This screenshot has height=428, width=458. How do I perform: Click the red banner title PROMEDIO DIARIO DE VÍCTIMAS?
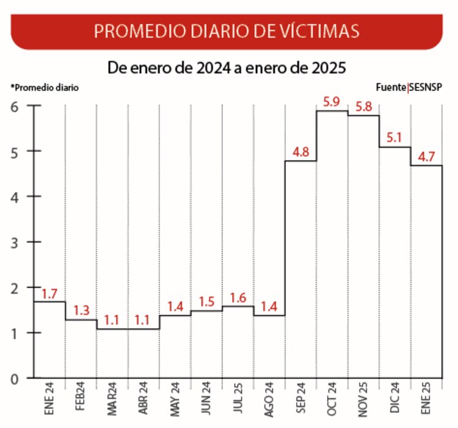[x=227, y=31]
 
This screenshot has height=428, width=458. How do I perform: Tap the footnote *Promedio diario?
[x=45, y=87]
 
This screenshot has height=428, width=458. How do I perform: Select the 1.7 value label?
[x=49, y=293]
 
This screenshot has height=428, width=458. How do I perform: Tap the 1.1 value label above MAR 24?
[x=112, y=320]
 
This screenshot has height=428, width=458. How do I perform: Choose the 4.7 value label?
[x=426, y=156]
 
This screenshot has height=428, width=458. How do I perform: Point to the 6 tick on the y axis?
[x=15, y=106]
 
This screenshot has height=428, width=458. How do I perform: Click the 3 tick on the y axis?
[x=15, y=242]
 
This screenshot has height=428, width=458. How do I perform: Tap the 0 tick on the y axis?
[x=15, y=379]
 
